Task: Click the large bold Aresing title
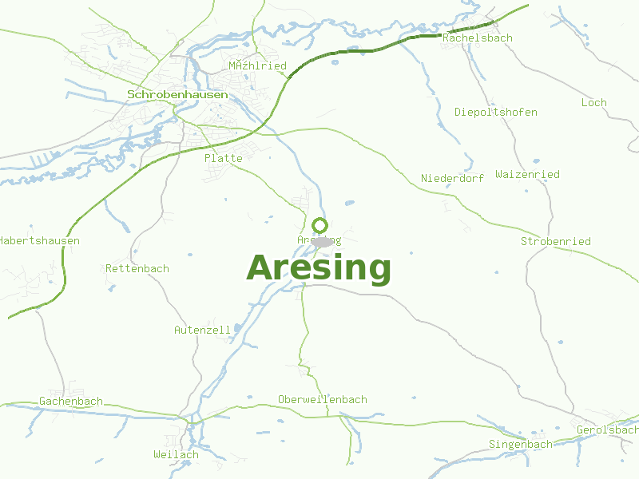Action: pyautogui.click(x=319, y=268)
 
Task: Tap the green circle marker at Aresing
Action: pyautogui.click(x=319, y=225)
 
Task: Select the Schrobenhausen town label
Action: pyautogui.click(x=177, y=94)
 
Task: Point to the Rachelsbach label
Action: pyautogui.click(x=477, y=38)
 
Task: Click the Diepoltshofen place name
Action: pyautogui.click(x=495, y=112)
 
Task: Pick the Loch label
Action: pyautogui.click(x=593, y=102)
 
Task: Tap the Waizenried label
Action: pyautogui.click(x=527, y=174)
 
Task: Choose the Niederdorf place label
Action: pyautogui.click(x=452, y=178)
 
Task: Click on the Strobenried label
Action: pyautogui.click(x=555, y=241)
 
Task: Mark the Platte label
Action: pyautogui.click(x=223, y=158)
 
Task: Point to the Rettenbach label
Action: pyautogui.click(x=137, y=268)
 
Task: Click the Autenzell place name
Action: pyautogui.click(x=202, y=329)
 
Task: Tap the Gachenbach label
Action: pyautogui.click(x=71, y=401)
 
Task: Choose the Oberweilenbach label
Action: pyautogui.click(x=322, y=399)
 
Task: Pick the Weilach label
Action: pyautogui.click(x=176, y=454)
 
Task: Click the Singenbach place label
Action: pyautogui.click(x=520, y=444)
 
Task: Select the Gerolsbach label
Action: pyautogui.click(x=607, y=430)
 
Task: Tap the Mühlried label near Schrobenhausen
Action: pyautogui.click(x=257, y=65)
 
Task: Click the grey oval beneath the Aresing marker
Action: pyautogui.click(x=323, y=242)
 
